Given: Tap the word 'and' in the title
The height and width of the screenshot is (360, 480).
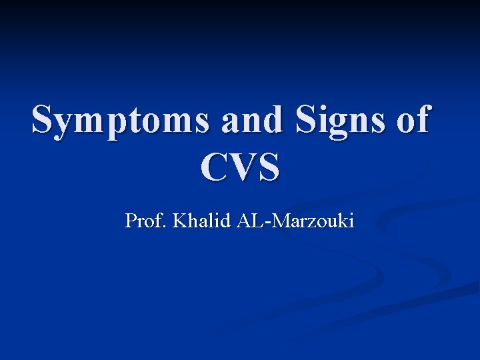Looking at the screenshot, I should click(x=250, y=121).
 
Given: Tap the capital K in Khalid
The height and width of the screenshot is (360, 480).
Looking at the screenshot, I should click(x=179, y=221).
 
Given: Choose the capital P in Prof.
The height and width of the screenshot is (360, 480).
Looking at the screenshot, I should click(x=131, y=221).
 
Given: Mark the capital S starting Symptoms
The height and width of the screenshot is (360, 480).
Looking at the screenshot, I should click(x=44, y=121).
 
